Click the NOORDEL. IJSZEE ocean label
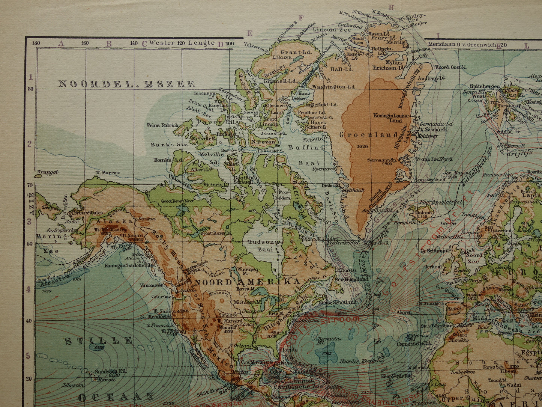(x=126, y=84)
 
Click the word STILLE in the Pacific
(x=99, y=341)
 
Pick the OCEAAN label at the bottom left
(x=116, y=397)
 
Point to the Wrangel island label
(x=48, y=172)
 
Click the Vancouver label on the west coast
(x=151, y=285)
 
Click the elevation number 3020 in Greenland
(x=363, y=146)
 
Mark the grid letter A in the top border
(x=61, y=43)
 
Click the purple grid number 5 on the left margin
(x=28, y=355)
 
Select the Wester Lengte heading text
(x=182, y=43)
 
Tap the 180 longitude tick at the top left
(x=36, y=43)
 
